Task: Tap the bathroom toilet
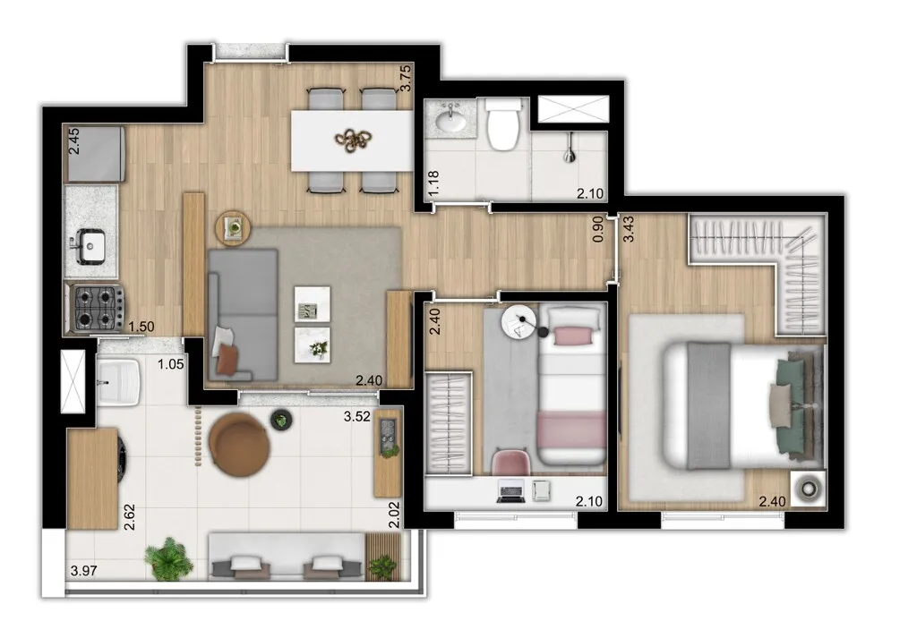click(502, 124)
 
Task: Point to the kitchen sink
click(90, 244)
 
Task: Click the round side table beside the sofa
click(234, 227)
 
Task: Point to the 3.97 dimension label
click(83, 570)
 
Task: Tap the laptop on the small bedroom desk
click(510, 489)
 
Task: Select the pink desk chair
click(511, 464)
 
